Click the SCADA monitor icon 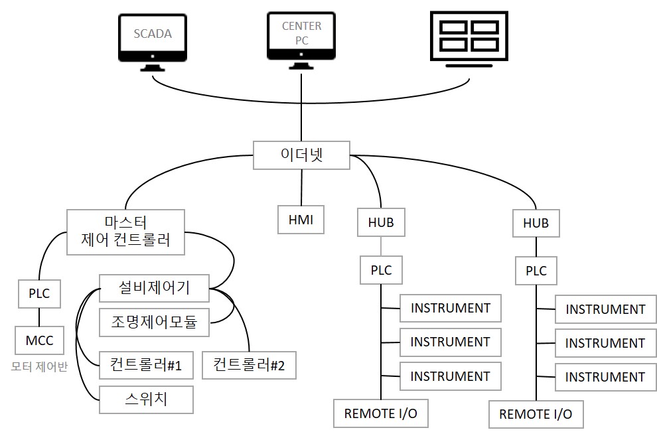tap(153, 42)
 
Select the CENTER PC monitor tap(301, 40)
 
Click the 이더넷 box tap(301, 155)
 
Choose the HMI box tap(301, 220)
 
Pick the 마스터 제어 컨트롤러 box tap(125, 232)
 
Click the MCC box tap(39, 340)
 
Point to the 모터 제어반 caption tap(39, 366)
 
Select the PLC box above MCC tap(39, 294)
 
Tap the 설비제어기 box tap(154, 288)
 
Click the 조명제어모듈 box tap(154, 323)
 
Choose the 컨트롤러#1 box tap(146, 365)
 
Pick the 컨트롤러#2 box tap(250, 366)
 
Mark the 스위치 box tap(146, 399)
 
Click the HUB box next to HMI tap(381, 222)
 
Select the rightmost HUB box tap(536, 224)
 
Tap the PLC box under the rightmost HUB tap(536, 271)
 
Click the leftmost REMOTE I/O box tap(381, 413)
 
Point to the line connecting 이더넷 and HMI tap(301, 187)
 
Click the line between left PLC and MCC tap(39, 317)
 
